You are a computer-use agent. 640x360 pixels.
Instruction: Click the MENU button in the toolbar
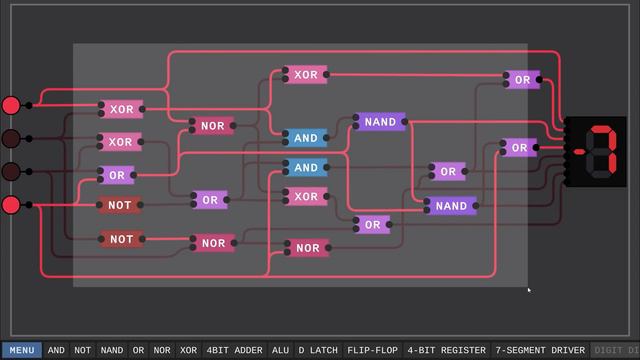[x=21, y=351]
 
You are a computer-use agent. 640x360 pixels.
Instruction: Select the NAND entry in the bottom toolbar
[x=112, y=351]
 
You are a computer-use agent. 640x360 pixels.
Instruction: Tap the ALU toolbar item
[x=280, y=351]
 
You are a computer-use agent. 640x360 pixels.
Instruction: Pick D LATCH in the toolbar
[x=318, y=351]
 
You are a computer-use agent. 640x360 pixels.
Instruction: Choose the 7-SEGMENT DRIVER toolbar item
[x=541, y=351]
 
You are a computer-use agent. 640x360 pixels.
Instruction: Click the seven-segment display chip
[x=597, y=152]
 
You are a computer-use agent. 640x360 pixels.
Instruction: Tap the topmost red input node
[x=11, y=105]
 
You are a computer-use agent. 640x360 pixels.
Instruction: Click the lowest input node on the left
[x=11, y=205]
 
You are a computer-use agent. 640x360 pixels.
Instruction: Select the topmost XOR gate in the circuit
[x=306, y=75]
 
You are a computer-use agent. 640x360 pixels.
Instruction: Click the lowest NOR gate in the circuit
[x=308, y=248]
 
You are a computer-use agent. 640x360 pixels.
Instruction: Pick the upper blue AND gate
[x=306, y=138]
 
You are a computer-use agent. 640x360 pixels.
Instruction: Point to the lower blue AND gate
[x=306, y=168]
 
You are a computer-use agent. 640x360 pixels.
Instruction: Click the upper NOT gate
[x=120, y=205]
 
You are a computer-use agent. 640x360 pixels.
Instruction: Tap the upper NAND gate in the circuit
[x=380, y=122]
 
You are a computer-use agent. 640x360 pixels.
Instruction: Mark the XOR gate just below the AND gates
[x=306, y=197]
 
